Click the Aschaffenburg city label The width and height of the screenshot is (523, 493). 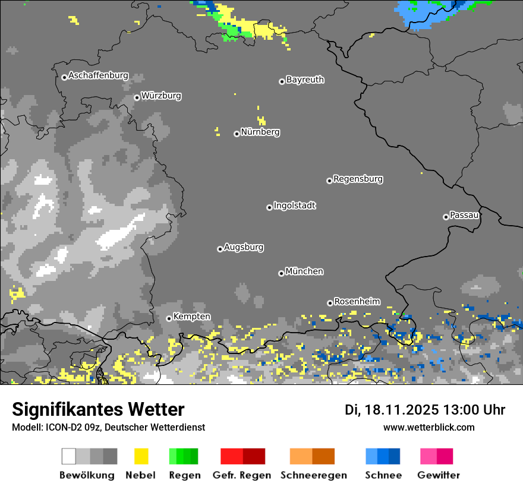click(x=98, y=76)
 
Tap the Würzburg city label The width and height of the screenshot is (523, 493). click(x=161, y=96)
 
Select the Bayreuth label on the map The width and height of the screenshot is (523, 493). click(x=305, y=80)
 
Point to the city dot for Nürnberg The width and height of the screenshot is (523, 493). click(x=237, y=134)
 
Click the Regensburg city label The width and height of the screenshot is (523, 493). click(x=358, y=179)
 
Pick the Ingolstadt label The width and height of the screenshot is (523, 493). click(x=294, y=206)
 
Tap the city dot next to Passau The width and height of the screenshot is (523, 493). click(x=446, y=217)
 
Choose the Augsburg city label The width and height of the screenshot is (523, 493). click(x=244, y=247)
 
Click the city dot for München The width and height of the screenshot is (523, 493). click(x=281, y=273)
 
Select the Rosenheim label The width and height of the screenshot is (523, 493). click(x=357, y=301)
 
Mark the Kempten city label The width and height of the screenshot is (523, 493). click(x=191, y=317)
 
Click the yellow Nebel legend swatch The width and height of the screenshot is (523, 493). click(x=141, y=456)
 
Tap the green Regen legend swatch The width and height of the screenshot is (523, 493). click(x=184, y=456)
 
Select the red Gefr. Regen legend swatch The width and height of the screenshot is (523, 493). click(x=242, y=456)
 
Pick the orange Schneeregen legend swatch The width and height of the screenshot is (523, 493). click(x=312, y=456)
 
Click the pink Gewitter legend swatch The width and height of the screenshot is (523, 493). click(x=436, y=456)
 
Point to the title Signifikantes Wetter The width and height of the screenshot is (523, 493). click(x=98, y=409)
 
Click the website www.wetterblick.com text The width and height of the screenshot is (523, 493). click(x=429, y=428)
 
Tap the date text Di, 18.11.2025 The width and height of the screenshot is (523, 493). click(x=391, y=410)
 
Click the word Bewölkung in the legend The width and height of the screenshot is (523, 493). click(x=87, y=475)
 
